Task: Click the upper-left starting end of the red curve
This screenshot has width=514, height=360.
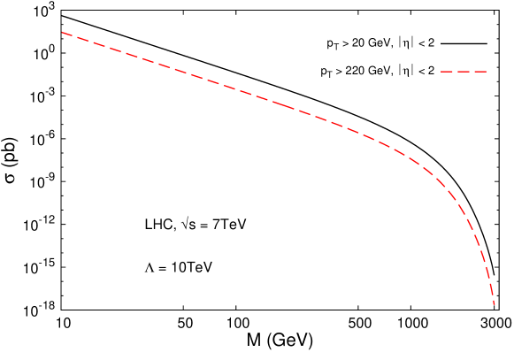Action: click(62, 33)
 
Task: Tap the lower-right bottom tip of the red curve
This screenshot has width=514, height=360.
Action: click(494, 304)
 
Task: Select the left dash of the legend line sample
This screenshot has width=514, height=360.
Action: click(447, 72)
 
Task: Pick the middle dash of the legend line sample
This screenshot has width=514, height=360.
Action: click(464, 72)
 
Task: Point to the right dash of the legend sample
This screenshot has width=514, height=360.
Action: click(480, 72)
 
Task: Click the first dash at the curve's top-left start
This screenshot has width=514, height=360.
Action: click(67, 34)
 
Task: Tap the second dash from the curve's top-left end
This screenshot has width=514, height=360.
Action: click(82, 39)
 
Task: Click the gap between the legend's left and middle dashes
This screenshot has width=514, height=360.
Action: click(455, 72)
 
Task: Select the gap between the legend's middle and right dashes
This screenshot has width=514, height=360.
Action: click(472, 72)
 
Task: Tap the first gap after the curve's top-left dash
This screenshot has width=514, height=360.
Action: click(74, 36)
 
